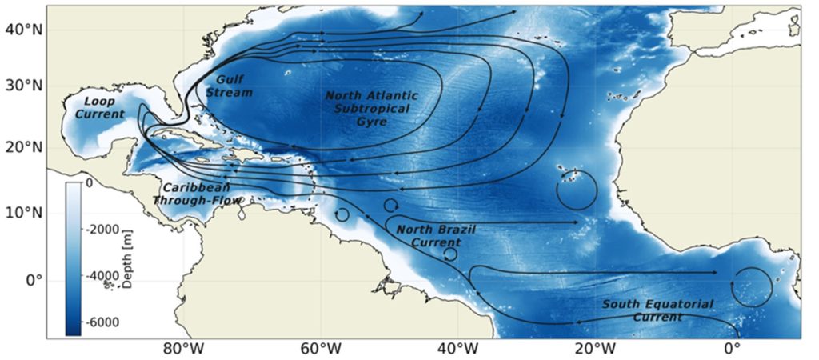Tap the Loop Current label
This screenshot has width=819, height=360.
[100, 108]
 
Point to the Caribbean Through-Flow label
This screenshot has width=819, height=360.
[199, 194]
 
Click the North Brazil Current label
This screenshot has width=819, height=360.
[437, 236]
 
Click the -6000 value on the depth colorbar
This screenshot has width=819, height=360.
[104, 322]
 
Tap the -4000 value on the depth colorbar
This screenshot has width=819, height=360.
[104, 275]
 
